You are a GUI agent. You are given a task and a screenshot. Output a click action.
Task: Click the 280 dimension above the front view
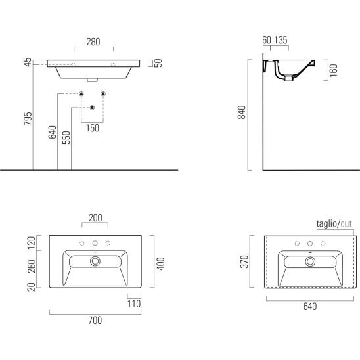pos(93,42)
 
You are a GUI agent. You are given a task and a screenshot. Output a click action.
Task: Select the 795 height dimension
pos(28,118)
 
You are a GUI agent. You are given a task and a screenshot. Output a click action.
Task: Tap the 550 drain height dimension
pos(66,137)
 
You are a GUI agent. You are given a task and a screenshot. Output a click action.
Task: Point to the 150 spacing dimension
pos(93,128)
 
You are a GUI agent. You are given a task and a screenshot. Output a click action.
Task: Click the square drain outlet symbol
pos(92,108)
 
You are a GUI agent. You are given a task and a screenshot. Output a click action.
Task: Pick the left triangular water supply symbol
pos(81,94)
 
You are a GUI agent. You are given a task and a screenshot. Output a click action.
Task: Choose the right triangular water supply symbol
pos(103,94)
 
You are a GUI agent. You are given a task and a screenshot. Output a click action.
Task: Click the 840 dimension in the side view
pos(242,112)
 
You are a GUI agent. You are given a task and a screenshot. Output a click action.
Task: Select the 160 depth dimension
pos(333,70)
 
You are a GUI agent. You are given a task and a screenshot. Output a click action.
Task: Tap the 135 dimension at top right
pos(281,40)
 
